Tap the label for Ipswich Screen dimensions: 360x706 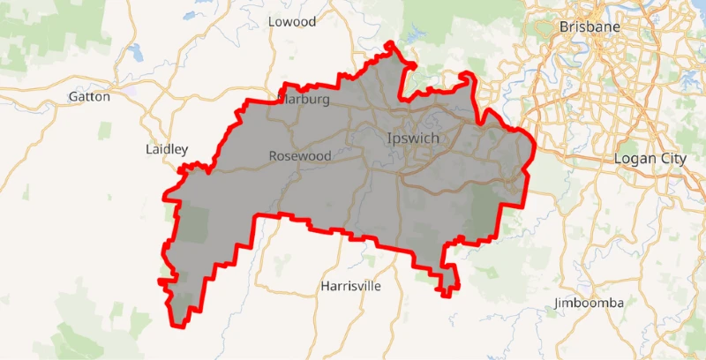(413, 139)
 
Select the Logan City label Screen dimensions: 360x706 (650, 159)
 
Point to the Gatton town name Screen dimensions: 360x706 (89, 97)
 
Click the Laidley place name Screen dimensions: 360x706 (166, 150)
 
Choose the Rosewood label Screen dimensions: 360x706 (299, 156)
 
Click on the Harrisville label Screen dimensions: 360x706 (352, 288)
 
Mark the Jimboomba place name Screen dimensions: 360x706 (590, 304)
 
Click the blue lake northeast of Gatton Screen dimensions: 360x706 (135, 53)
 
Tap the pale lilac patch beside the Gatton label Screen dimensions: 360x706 (131, 90)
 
